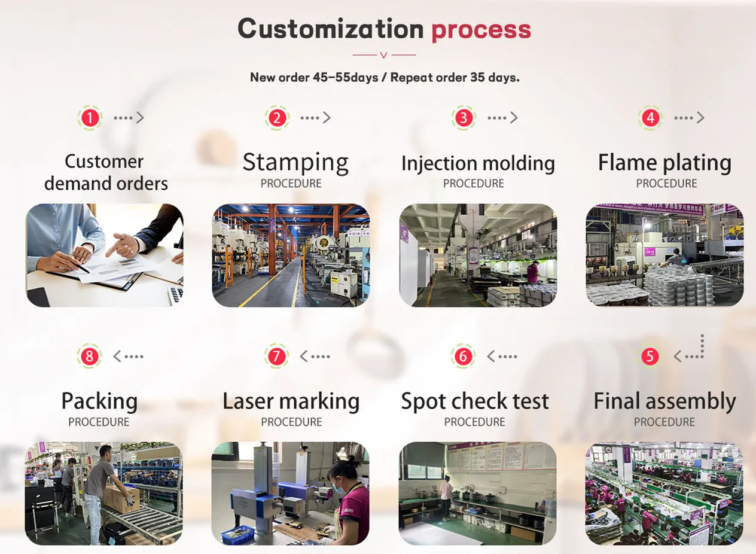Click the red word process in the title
[x=481, y=30]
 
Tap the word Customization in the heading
[x=331, y=29]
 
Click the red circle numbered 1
[x=90, y=118]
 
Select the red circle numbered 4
[x=650, y=118]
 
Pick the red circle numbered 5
[x=650, y=357]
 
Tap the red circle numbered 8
[x=89, y=357]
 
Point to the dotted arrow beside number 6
[x=502, y=357]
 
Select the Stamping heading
[x=295, y=163]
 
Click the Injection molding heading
[x=477, y=163]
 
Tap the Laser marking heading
[x=291, y=401]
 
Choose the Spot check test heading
[x=475, y=401]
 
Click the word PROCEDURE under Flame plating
[x=666, y=184]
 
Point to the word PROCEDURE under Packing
[x=99, y=422]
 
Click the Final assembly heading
[x=664, y=401]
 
